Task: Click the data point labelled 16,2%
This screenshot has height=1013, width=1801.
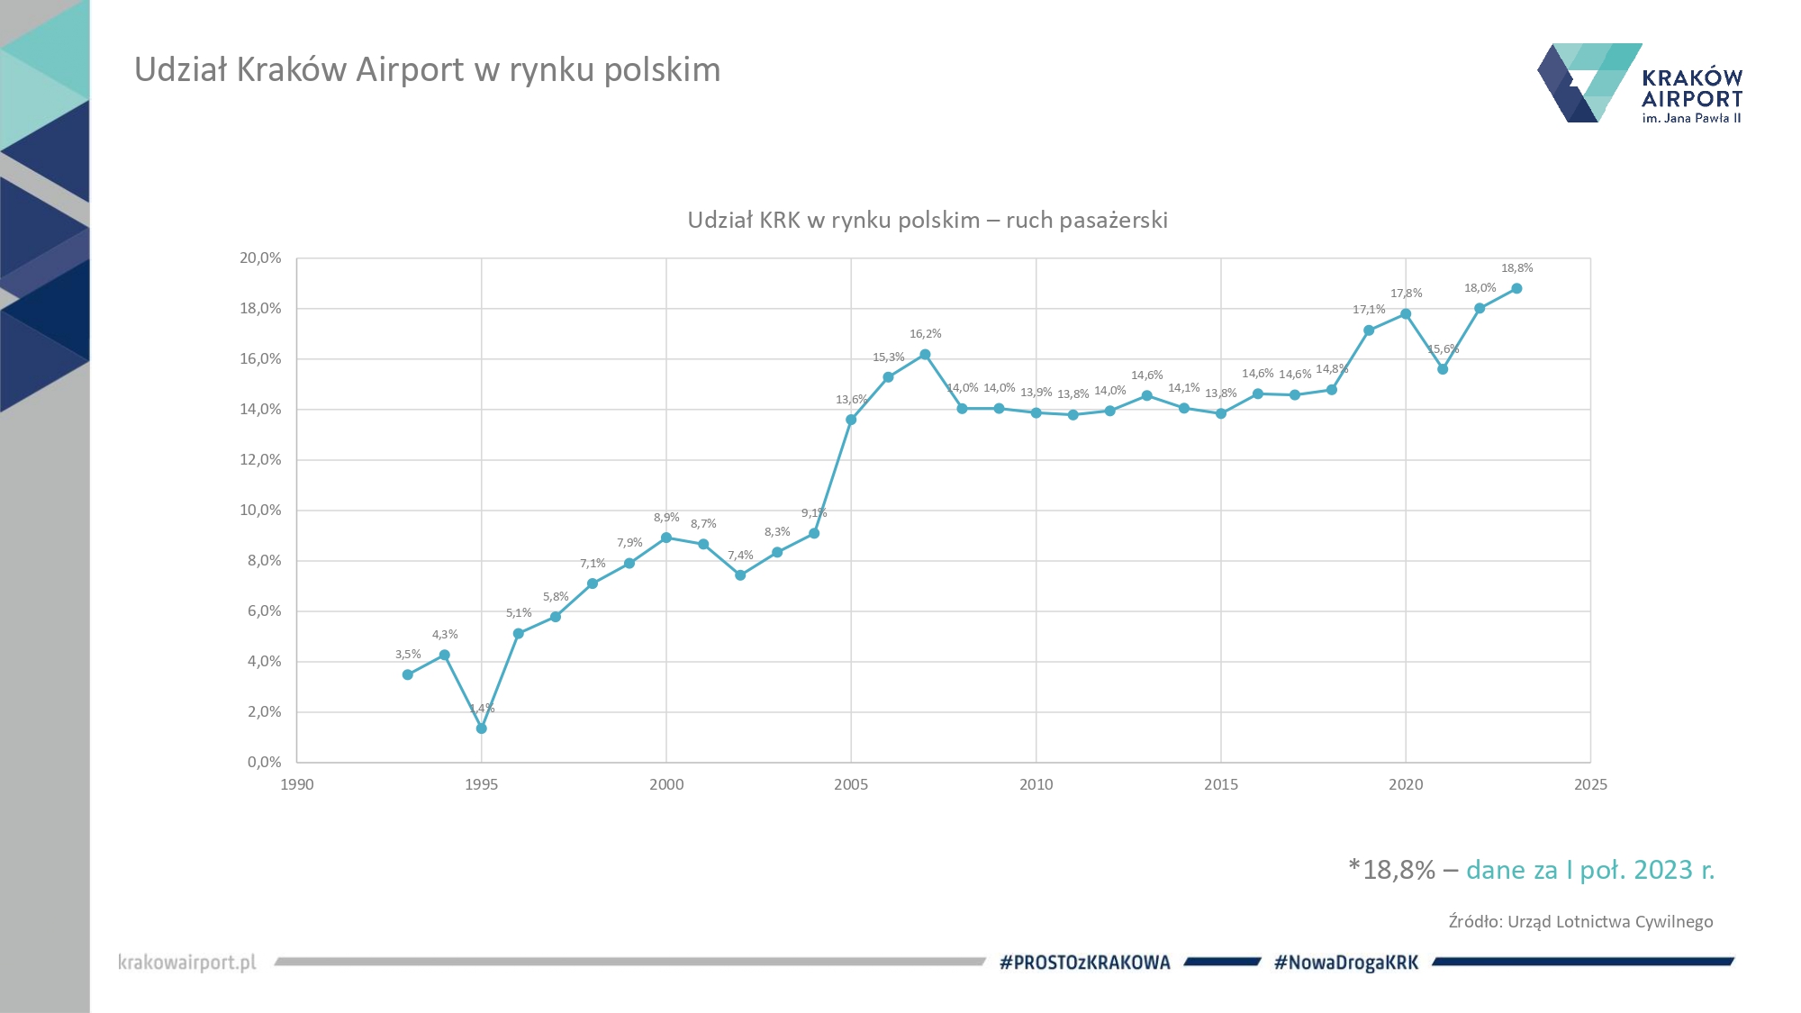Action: tap(925, 355)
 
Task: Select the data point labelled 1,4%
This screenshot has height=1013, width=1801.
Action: tap(482, 728)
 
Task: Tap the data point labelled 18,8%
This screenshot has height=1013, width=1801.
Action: tap(1516, 289)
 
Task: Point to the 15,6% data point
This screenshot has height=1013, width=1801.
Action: tap(1443, 369)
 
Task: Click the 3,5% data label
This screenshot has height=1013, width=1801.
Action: tap(408, 655)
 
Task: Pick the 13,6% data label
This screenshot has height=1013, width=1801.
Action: tap(851, 400)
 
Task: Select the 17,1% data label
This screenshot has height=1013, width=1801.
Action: tap(1369, 310)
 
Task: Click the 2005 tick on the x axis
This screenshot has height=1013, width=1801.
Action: tap(851, 784)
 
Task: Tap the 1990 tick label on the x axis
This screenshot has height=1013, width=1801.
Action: tap(297, 784)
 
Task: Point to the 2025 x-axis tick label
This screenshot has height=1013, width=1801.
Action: tap(1590, 784)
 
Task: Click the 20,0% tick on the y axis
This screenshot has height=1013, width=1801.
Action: tap(260, 258)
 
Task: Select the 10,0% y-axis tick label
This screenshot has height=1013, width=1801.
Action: tap(260, 511)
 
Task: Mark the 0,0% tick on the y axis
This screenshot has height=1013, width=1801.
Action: tap(264, 763)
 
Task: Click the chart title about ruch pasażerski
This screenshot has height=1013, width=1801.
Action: tap(928, 221)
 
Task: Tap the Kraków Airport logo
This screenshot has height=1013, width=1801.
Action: tap(1639, 84)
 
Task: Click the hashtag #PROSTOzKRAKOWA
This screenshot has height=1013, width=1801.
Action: tap(1085, 963)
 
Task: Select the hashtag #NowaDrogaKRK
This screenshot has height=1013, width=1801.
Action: tap(1346, 963)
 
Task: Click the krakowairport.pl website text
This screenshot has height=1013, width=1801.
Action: tap(187, 963)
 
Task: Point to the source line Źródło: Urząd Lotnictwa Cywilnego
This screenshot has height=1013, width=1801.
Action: tap(1580, 922)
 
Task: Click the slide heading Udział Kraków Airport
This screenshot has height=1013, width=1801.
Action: tap(428, 70)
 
